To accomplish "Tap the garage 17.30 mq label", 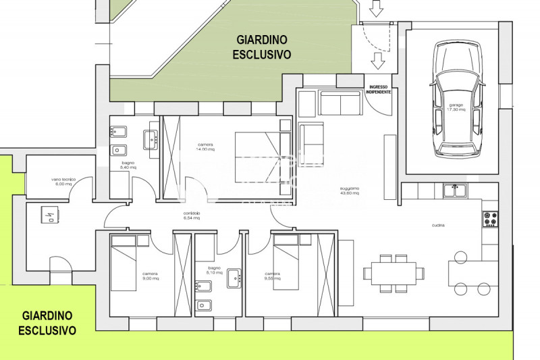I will click(454, 107).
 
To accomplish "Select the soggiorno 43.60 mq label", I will click(349, 190).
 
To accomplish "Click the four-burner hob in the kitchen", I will click(490, 219).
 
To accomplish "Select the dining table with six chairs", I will click(394, 274).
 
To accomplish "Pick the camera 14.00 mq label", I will click(206, 147).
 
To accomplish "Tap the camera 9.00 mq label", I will click(150, 276).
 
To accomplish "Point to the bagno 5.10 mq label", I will click(214, 271).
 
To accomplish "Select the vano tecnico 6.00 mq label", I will click(63, 181).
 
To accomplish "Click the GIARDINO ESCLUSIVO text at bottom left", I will click(47, 323).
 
